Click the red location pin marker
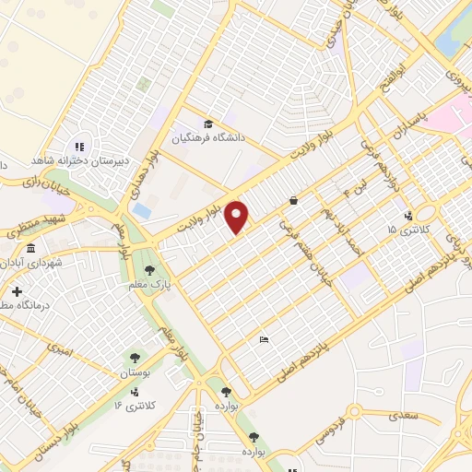238,217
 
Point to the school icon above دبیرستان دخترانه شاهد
78,146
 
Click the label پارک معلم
150,285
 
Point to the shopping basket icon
293,199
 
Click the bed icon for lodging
264,340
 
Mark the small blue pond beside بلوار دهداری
143,211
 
